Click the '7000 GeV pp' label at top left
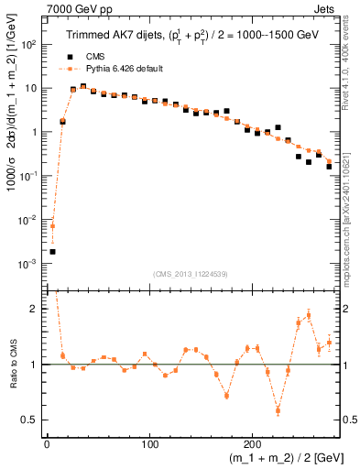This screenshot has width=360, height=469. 77,8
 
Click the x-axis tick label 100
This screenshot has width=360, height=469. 149,444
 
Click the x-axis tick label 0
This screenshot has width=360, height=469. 46,444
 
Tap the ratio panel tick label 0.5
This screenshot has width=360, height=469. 32,420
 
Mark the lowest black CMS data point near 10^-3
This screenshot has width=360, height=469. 52,251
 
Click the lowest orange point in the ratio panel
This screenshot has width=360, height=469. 278,409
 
